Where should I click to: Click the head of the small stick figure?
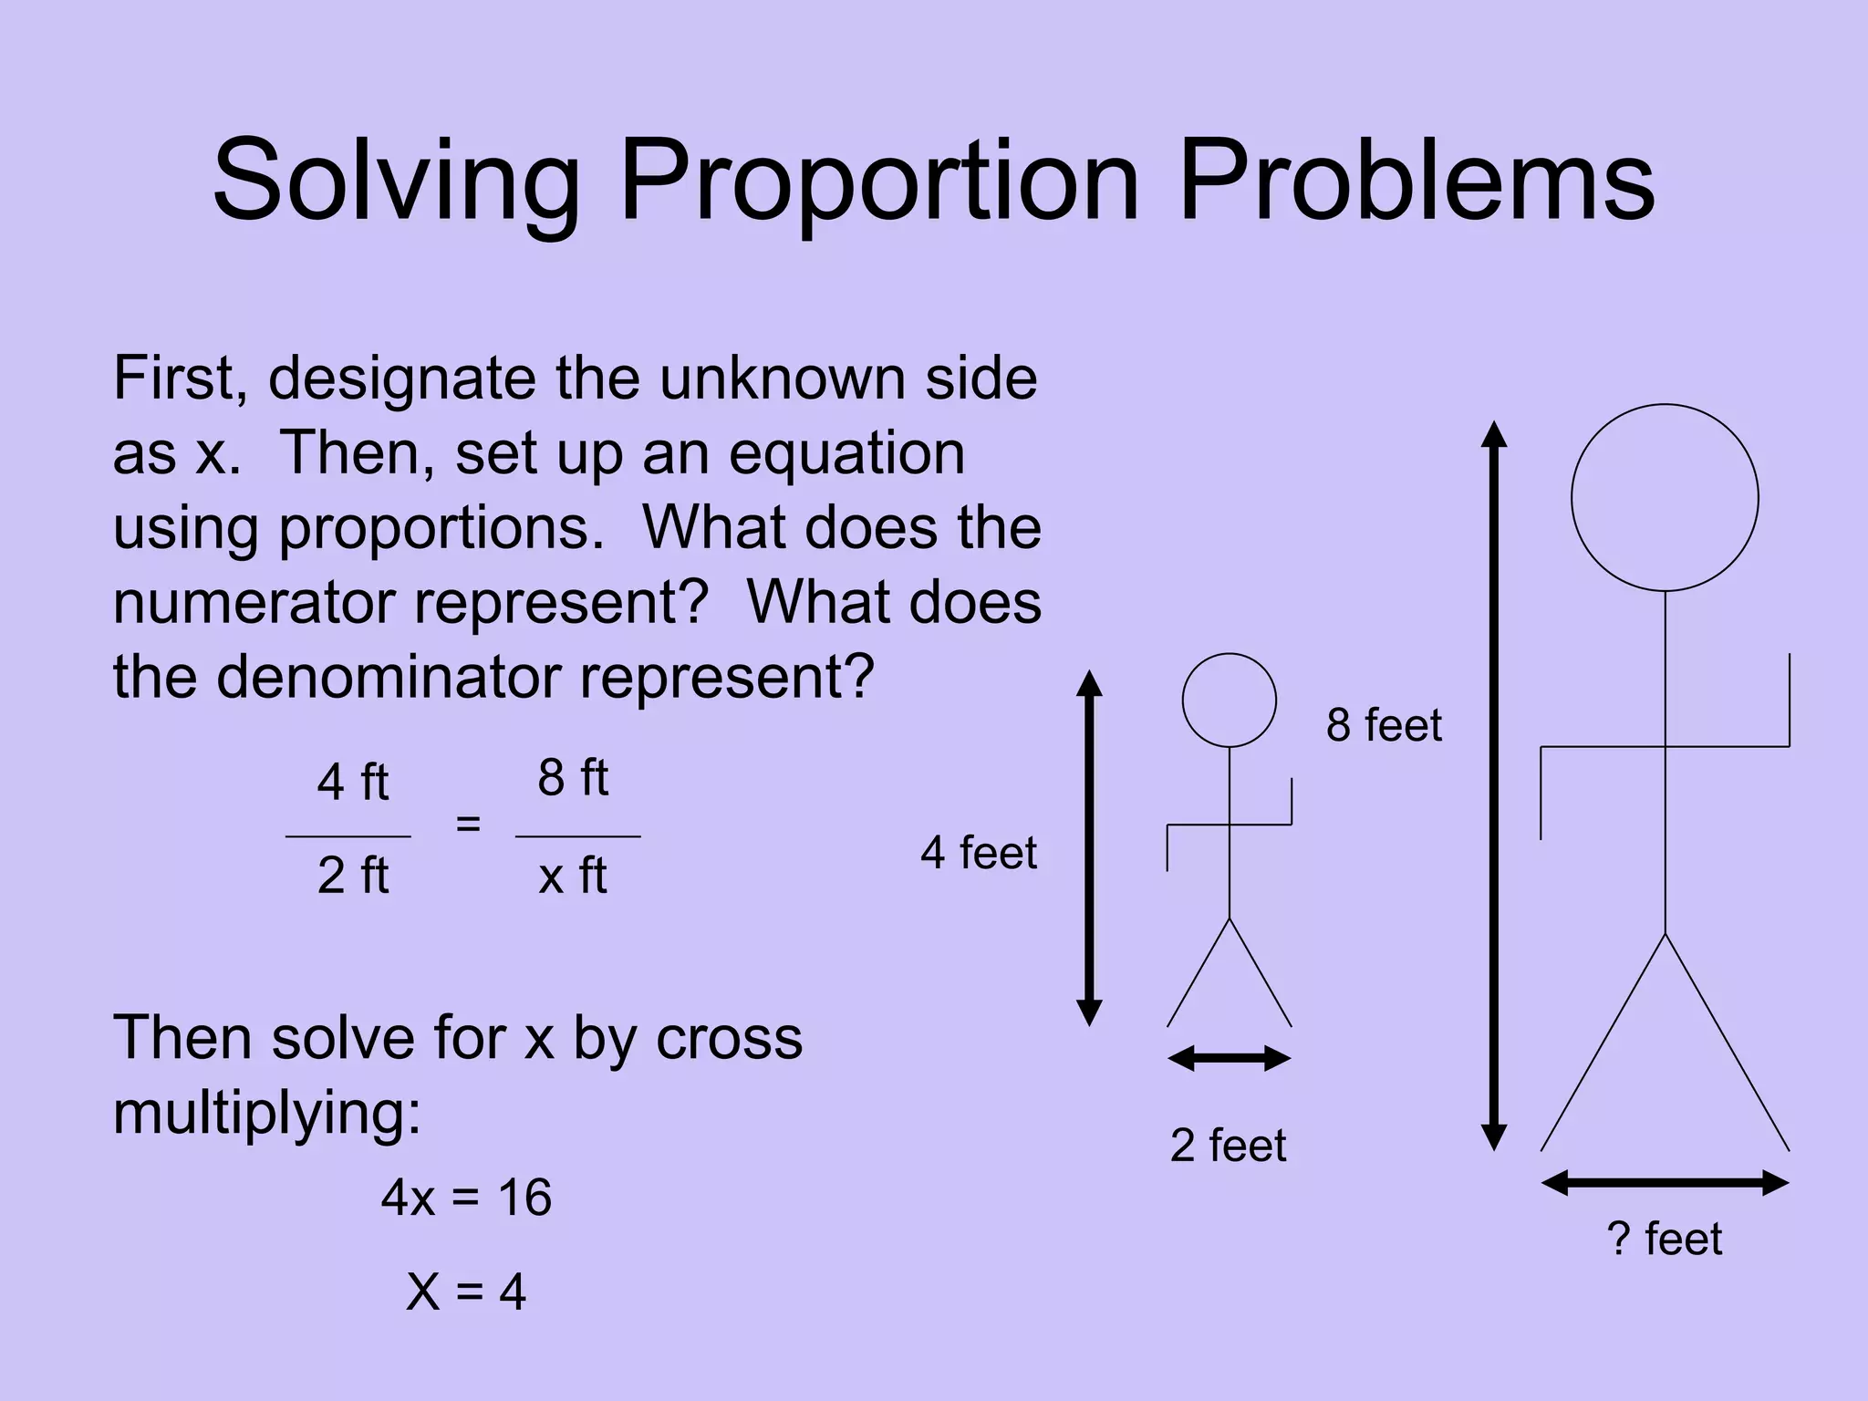[x=1229, y=700]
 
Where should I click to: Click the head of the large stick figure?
[x=1665, y=498]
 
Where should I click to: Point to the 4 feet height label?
[x=978, y=853]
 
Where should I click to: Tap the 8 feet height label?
[x=1384, y=725]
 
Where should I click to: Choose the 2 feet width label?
[x=1228, y=1145]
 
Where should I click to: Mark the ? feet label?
[x=1664, y=1239]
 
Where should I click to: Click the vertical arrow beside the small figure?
[x=1089, y=848]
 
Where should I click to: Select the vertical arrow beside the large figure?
[x=1493, y=784]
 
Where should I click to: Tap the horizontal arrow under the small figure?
[x=1229, y=1059]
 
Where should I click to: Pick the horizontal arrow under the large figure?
[x=1665, y=1183]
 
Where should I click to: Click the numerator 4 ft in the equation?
[x=352, y=783]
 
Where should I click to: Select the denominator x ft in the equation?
[x=573, y=876]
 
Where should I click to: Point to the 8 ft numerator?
[x=573, y=778]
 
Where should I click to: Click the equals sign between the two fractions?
[x=468, y=824]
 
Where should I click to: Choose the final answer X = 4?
[x=466, y=1292]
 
